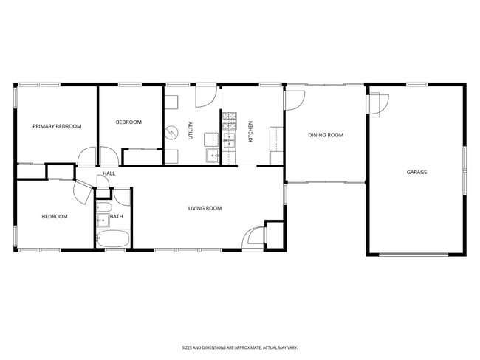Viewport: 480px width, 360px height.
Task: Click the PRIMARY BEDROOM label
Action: click(57, 126)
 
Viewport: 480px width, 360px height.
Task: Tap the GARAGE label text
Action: click(416, 172)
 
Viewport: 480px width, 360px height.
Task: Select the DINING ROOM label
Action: click(326, 135)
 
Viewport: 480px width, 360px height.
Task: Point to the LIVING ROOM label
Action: click(205, 208)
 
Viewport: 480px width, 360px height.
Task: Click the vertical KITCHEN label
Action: click(250, 131)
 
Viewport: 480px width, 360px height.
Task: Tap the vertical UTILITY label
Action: click(191, 131)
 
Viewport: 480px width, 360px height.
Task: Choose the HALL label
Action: click(109, 173)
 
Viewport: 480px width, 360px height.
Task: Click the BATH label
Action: click(117, 216)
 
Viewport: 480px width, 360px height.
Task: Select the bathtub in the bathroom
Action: click(113, 239)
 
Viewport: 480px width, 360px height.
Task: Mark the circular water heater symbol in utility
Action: click(171, 132)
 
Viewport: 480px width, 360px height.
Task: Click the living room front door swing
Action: click(255, 236)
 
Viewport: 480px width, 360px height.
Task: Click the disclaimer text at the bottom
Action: click(239, 347)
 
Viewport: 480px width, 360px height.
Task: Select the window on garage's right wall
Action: click(464, 170)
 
